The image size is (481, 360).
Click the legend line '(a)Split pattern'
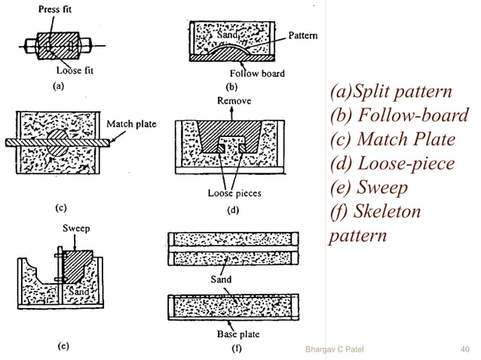(390, 93)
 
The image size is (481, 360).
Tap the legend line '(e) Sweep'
(370, 187)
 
